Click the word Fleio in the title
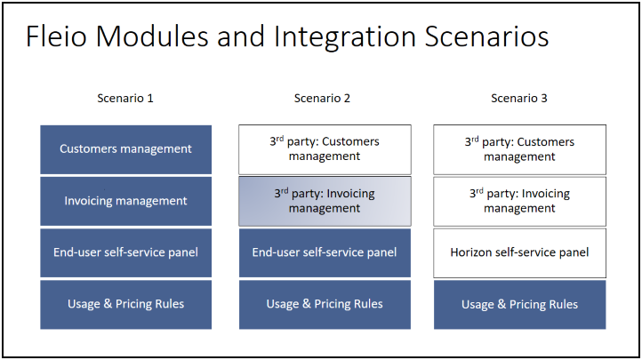tap(57, 36)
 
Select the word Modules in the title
tap(152, 36)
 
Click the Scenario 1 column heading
tap(125, 98)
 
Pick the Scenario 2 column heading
tap(322, 98)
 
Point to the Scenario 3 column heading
tap(519, 98)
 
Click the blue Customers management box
tap(125, 149)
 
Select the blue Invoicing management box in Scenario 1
tap(125, 201)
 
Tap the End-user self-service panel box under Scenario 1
tap(125, 252)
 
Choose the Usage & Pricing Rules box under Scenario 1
tap(125, 305)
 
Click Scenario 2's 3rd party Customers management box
tap(325, 149)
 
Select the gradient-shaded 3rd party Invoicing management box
tap(325, 201)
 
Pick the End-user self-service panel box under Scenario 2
tap(325, 252)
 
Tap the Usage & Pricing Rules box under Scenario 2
tap(325, 305)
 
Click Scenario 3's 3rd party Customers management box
tap(519, 149)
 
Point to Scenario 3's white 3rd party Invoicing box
tap(519, 201)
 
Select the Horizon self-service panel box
tap(519, 252)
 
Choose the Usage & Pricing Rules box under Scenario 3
tap(519, 305)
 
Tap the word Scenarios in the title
tap(486, 36)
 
